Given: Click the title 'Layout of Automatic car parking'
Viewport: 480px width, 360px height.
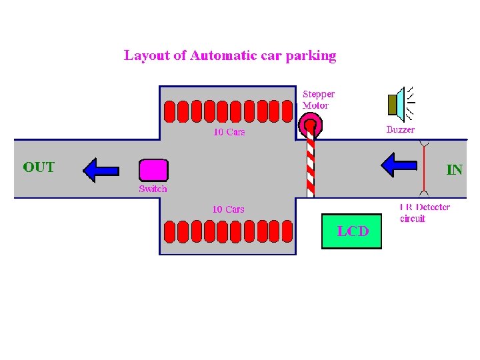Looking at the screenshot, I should [230, 55].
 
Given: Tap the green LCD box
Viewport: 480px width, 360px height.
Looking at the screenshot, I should [352, 231].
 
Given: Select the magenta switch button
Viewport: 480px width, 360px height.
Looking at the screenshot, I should [153, 170].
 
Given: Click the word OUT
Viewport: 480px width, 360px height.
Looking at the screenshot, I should [39, 167].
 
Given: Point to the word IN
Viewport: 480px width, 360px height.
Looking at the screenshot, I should [454, 169].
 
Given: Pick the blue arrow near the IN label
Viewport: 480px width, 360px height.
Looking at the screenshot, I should [398, 165].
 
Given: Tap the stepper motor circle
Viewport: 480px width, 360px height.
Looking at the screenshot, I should [310, 123].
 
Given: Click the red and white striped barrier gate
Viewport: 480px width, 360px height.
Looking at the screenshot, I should [310, 163].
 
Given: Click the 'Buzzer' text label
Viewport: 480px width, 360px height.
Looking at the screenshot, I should [400, 130].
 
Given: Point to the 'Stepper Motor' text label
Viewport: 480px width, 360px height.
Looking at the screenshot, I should [319, 100].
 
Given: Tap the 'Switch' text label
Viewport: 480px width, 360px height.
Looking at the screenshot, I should [153, 189].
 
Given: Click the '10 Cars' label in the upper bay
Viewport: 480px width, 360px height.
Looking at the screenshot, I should [229, 132].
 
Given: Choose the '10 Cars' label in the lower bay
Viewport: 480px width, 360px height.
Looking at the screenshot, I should [228, 209].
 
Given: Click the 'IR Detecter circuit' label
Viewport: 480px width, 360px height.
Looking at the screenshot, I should [425, 213].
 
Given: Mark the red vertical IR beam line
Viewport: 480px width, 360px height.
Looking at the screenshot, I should [424, 170].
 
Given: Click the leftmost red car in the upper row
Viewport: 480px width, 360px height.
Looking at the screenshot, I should [169, 111].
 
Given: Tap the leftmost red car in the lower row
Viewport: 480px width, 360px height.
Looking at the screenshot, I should [169, 231].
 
